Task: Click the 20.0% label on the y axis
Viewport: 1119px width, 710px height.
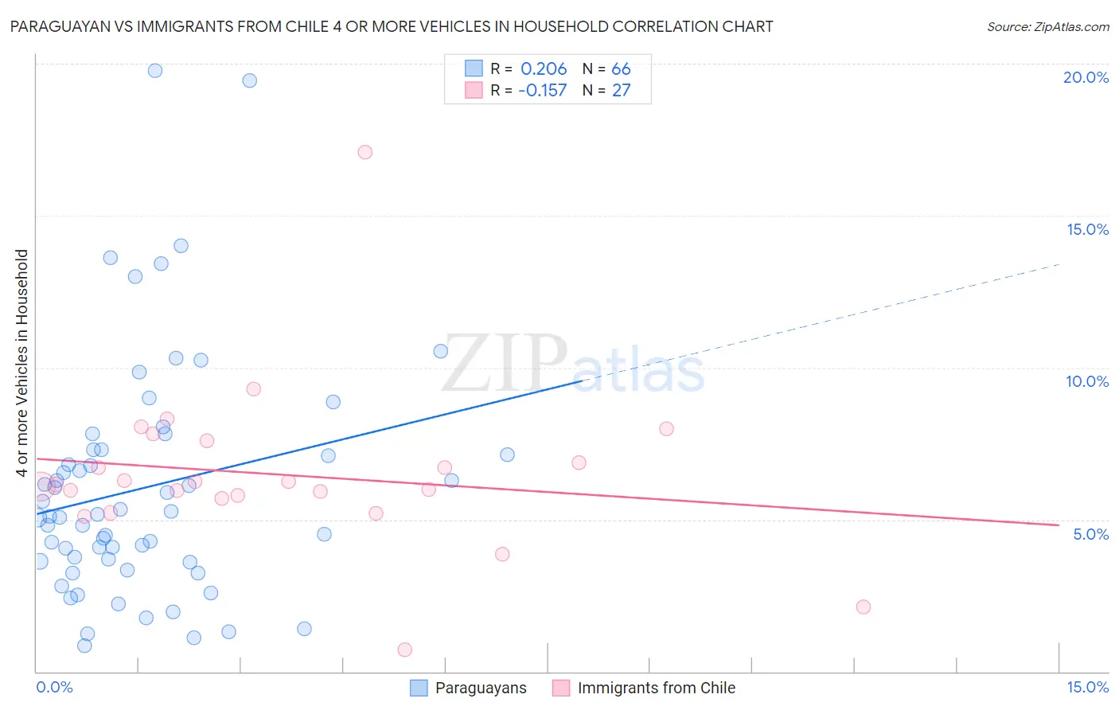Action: click(x=1086, y=77)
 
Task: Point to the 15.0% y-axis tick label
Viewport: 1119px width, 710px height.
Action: click(x=1087, y=229)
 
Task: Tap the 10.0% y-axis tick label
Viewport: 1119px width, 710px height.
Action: click(x=1087, y=381)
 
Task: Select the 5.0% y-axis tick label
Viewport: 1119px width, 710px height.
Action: click(x=1090, y=534)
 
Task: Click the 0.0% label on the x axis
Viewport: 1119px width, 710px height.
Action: click(x=54, y=687)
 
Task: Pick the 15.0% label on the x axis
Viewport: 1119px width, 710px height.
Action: click(x=1087, y=687)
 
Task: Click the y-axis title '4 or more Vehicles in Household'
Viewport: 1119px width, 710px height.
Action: click(x=21, y=363)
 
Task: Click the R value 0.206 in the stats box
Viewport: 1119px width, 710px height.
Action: click(x=544, y=69)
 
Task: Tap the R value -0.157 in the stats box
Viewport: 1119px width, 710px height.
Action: click(x=542, y=91)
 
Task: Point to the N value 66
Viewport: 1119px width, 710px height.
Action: click(x=621, y=69)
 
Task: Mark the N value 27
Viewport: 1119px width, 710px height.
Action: click(x=621, y=91)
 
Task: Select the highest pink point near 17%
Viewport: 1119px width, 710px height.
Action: click(x=365, y=152)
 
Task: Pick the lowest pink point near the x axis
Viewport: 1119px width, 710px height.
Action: click(x=404, y=650)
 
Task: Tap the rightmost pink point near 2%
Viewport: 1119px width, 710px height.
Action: click(x=864, y=607)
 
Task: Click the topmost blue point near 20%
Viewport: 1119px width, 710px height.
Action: click(x=155, y=71)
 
